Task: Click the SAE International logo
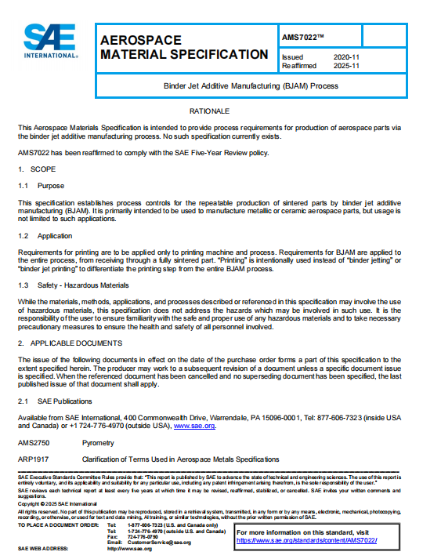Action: [50, 42]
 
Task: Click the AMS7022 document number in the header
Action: [301, 37]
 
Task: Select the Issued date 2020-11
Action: [345, 58]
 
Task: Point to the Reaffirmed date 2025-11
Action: [345, 66]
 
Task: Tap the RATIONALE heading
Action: [211, 111]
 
